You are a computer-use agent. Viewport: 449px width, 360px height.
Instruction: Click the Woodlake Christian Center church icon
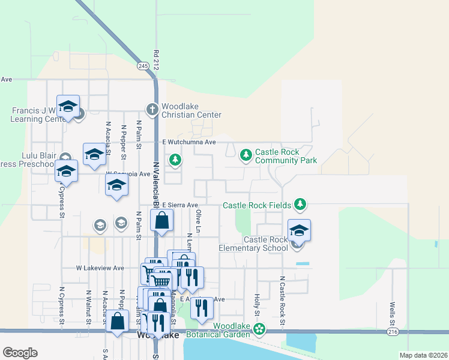pos(152,109)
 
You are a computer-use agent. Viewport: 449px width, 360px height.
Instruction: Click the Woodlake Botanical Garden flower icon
pos(259,329)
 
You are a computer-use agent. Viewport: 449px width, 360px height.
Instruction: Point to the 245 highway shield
pos(143,65)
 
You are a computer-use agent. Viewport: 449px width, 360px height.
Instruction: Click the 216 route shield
pos(393,331)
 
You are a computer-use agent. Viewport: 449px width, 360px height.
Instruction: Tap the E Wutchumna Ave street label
pos(188,142)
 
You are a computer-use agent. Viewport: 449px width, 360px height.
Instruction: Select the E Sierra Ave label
pos(176,205)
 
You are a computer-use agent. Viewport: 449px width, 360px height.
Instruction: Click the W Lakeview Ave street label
pos(100,268)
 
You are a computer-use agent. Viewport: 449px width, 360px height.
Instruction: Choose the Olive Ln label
pos(198,221)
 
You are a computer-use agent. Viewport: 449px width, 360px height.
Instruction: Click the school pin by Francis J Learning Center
pos(68,106)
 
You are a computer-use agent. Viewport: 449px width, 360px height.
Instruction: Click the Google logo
pos(20,353)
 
